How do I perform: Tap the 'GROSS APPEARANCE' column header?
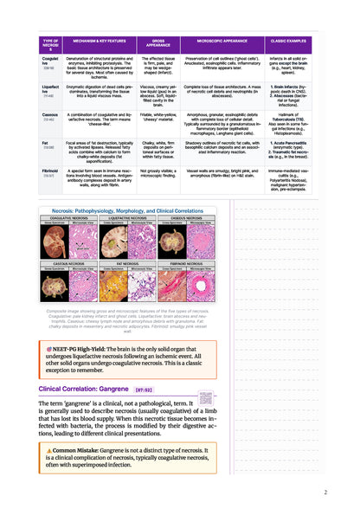(157, 41)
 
